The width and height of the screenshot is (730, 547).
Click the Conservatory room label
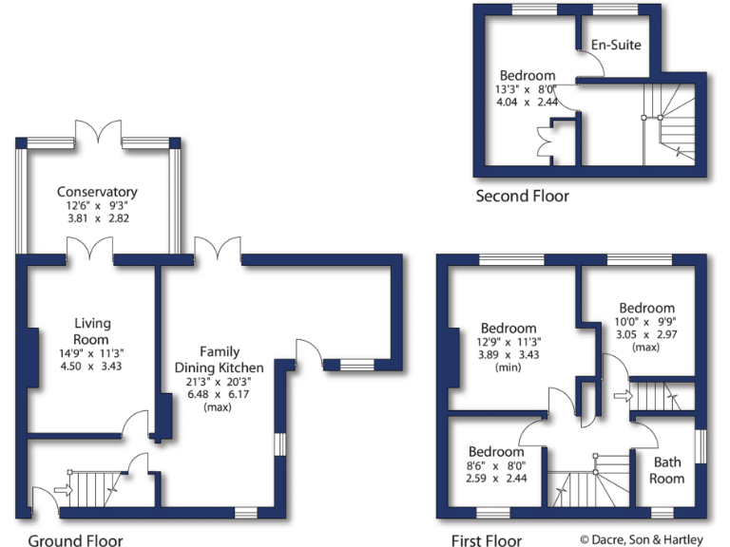click(96, 192)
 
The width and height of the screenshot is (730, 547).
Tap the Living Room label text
click(92, 331)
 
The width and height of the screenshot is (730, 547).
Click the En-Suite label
click(616, 45)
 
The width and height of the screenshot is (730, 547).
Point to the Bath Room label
click(666, 470)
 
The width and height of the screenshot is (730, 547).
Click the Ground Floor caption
click(74, 541)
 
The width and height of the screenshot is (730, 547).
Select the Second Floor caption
click(522, 197)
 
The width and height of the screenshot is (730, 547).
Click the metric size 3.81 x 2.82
click(96, 217)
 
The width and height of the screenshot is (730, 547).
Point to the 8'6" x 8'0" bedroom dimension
click(494, 465)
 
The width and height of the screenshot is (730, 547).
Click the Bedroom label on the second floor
click(528, 75)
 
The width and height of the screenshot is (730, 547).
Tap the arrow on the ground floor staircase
click(64, 490)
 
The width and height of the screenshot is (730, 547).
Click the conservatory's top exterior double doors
click(98, 132)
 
